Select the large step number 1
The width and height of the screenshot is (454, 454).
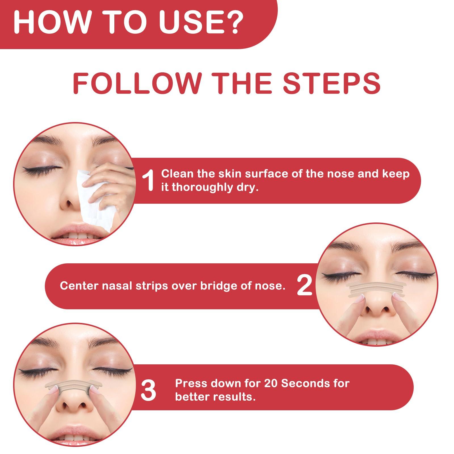pos(148,181)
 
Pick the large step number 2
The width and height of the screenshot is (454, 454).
pos(304,286)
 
